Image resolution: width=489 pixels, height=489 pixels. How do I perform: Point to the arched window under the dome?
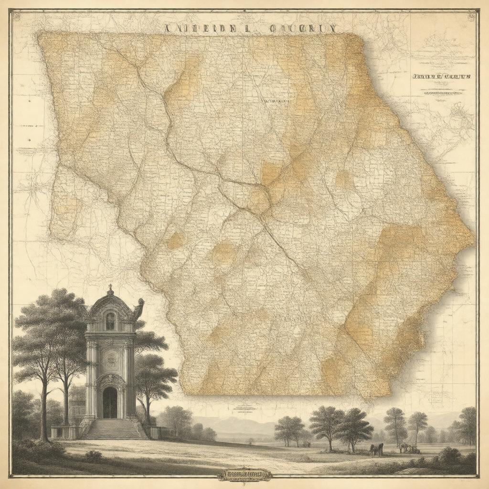tap(110, 321)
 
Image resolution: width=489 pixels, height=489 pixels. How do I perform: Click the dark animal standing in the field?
tap(376, 449)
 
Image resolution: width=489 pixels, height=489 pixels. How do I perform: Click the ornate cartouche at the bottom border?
tap(244, 475)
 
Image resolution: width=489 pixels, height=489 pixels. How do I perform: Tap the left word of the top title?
tap(200, 28)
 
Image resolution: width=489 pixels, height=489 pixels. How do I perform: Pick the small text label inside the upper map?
tap(276, 101)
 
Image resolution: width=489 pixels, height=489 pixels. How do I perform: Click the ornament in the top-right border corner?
tap(472, 16)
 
